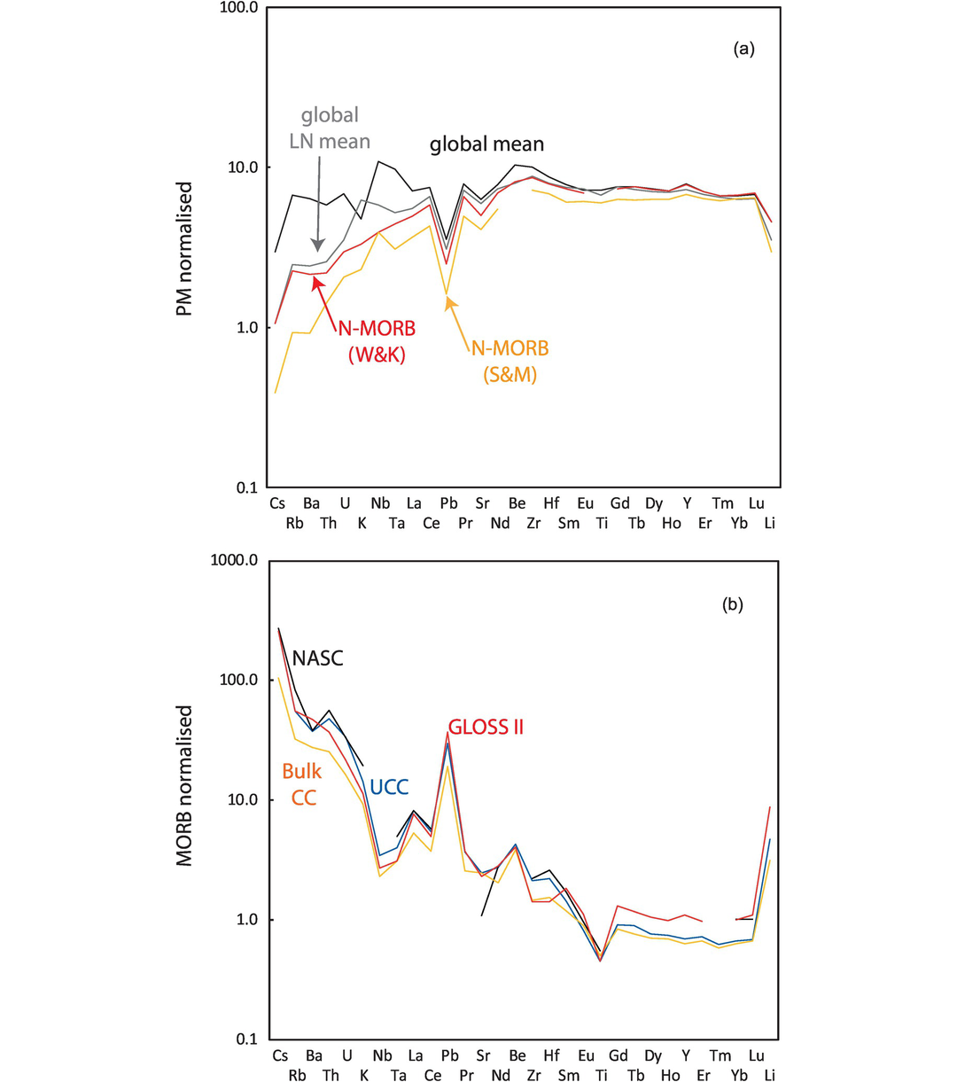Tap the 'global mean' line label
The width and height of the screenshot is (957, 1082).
point(486,144)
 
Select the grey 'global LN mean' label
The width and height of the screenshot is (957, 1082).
point(330,128)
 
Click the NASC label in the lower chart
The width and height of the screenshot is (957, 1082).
point(317,658)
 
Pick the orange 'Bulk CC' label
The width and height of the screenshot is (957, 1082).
point(301,784)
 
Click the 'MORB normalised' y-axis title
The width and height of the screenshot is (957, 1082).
point(184,785)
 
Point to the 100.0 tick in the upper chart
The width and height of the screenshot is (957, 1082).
point(237,8)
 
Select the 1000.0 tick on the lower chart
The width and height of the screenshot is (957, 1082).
point(233,561)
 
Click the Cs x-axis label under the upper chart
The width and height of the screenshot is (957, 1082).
point(279,503)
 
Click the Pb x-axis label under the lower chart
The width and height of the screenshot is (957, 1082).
point(449,1056)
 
